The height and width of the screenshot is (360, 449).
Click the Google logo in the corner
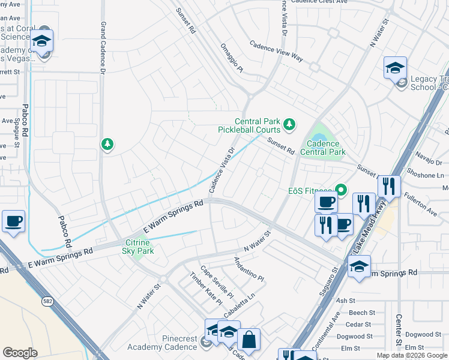pyautogui.click(x=20, y=353)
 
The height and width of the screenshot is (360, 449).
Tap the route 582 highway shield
pyautogui.click(x=46, y=301)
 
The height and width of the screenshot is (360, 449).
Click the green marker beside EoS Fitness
pyautogui.click(x=342, y=191)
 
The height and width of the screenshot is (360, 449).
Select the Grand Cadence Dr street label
pyautogui.click(x=103, y=48)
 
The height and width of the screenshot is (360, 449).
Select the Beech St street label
pyautogui.click(x=361, y=313)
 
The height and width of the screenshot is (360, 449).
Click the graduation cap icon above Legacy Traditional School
pyautogui.click(x=396, y=67)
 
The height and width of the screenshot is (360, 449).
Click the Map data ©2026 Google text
pyautogui.click(x=412, y=355)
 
